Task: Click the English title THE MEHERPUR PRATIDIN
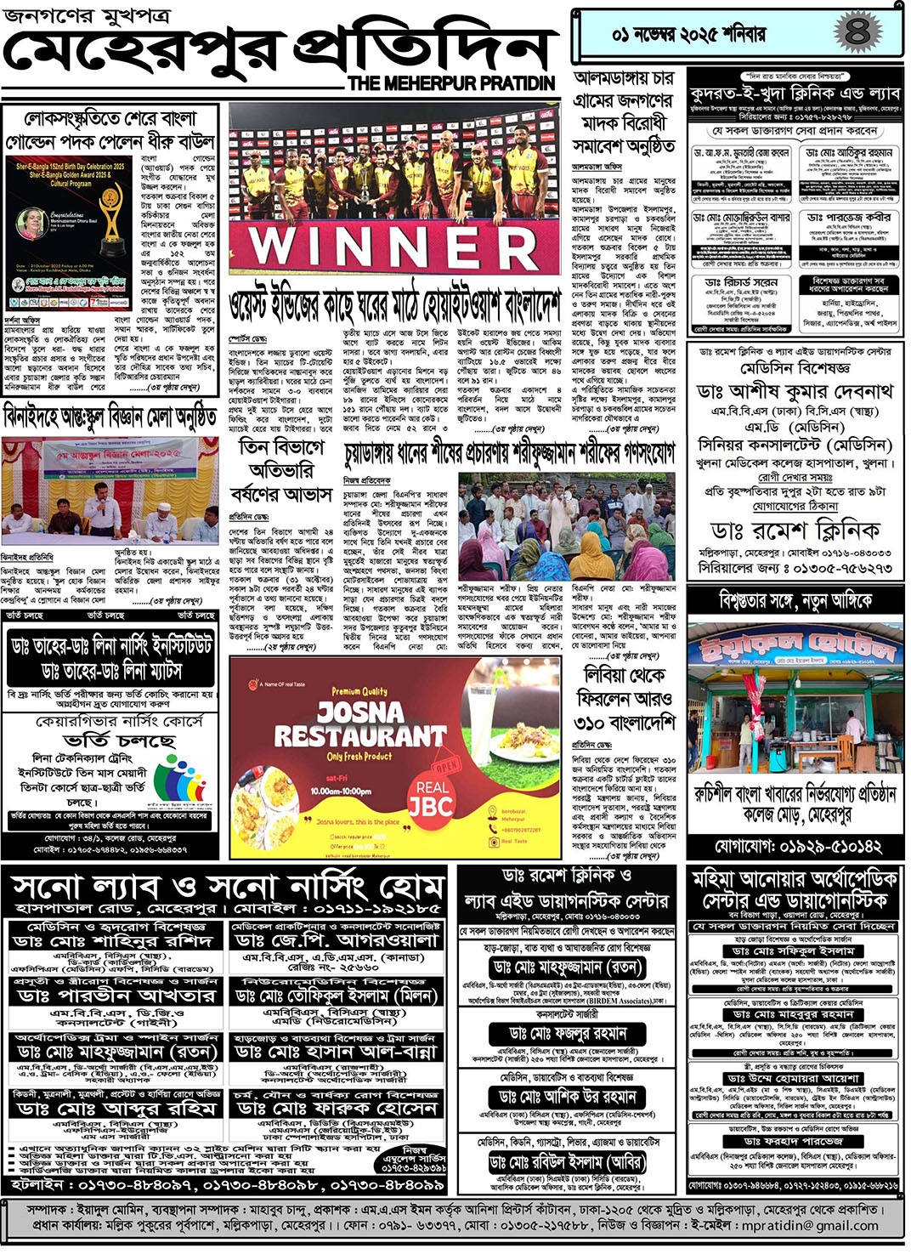pyautogui.click(x=451, y=83)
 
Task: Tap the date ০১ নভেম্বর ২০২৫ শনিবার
pyautogui.click(x=688, y=35)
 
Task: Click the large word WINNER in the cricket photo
pyautogui.click(x=393, y=246)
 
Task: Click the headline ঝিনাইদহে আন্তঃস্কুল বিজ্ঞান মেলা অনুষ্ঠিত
pyautogui.click(x=110, y=418)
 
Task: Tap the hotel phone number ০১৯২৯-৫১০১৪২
pyautogui.click(x=797, y=846)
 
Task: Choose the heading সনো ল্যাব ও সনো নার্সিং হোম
pyautogui.click(x=228, y=887)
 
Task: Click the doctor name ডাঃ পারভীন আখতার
pyautogui.click(x=117, y=996)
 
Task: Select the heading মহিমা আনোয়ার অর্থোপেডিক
pyautogui.click(x=795, y=878)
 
